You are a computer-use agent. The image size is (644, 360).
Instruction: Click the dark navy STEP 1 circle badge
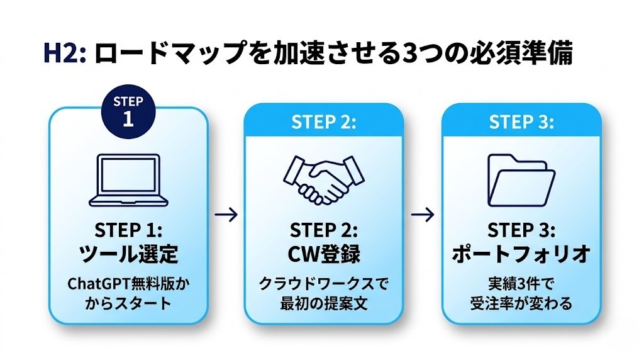128,111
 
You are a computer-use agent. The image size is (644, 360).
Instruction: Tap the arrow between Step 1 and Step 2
226,215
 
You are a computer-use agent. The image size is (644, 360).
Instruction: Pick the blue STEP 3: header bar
521,121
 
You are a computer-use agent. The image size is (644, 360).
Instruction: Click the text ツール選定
128,254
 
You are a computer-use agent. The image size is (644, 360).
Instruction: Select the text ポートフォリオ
521,254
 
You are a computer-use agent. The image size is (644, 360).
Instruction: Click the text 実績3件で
521,284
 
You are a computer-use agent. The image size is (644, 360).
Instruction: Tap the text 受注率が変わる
521,304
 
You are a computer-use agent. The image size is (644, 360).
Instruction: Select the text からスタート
128,304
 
